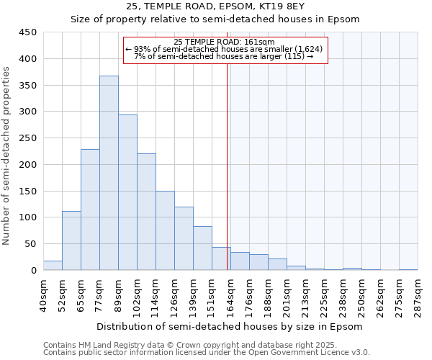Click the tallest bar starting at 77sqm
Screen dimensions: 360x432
point(109,173)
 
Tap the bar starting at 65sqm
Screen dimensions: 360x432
point(90,210)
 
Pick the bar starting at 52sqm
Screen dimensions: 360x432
point(71,240)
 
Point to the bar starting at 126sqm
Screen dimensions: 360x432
point(184,238)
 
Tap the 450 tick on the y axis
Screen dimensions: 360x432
point(28,32)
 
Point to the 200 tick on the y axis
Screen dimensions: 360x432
point(28,165)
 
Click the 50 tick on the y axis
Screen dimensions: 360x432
point(31,244)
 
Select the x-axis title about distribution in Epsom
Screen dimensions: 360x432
point(228,326)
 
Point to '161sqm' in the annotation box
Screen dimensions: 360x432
point(261,42)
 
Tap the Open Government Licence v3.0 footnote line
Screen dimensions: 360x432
point(207,352)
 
